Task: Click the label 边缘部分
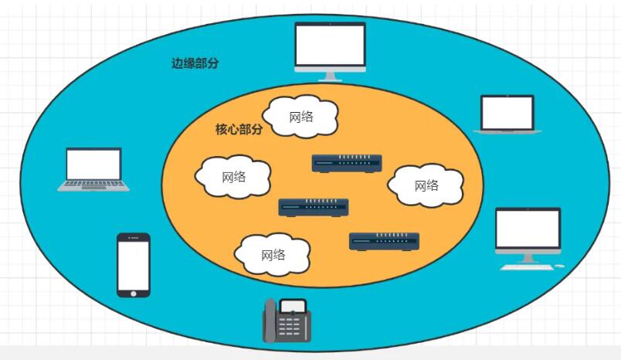coord(195,63)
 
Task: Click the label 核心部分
coord(239,129)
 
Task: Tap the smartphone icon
coord(134,264)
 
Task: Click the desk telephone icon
coord(287,321)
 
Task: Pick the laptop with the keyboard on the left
coord(94,169)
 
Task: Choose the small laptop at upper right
coord(507,114)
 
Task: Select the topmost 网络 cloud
coord(301,117)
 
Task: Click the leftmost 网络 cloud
coord(233,177)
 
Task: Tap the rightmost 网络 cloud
coord(426,185)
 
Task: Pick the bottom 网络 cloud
coord(273,254)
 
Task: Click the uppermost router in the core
coord(347,163)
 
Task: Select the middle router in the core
coord(313,207)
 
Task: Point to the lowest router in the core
coord(384,241)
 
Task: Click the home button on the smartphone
coord(134,292)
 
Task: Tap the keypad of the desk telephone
coord(291,328)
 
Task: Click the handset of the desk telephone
coord(270,321)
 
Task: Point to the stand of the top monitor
coord(330,75)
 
